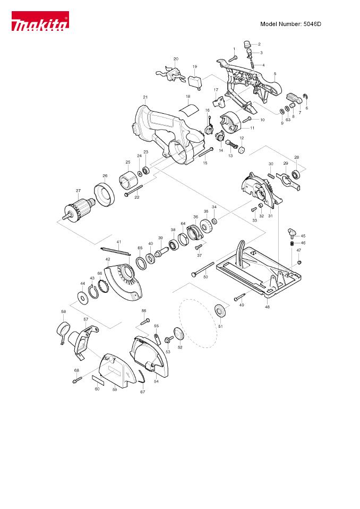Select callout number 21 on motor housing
tap(145, 97)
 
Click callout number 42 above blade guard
tap(108, 259)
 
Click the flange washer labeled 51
tap(219, 310)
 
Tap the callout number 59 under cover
tap(114, 389)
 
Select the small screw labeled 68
tap(78, 379)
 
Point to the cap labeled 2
tap(246, 44)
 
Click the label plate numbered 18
tap(188, 108)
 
